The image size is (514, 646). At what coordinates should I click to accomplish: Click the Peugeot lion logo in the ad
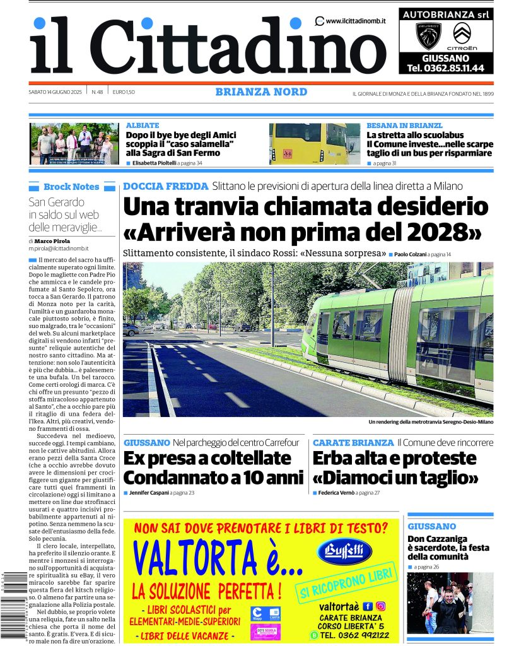(x=428, y=35)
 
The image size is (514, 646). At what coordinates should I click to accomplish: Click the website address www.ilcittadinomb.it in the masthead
(x=356, y=21)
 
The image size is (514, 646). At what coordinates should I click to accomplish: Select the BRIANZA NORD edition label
(x=261, y=92)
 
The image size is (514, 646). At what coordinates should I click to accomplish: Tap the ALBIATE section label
(x=143, y=126)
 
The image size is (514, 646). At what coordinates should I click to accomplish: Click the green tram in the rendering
(x=404, y=334)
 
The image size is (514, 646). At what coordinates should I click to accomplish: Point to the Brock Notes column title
(x=71, y=187)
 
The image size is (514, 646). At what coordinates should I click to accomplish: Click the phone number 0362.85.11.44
(x=446, y=68)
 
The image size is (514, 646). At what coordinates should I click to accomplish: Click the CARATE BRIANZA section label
(x=353, y=443)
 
